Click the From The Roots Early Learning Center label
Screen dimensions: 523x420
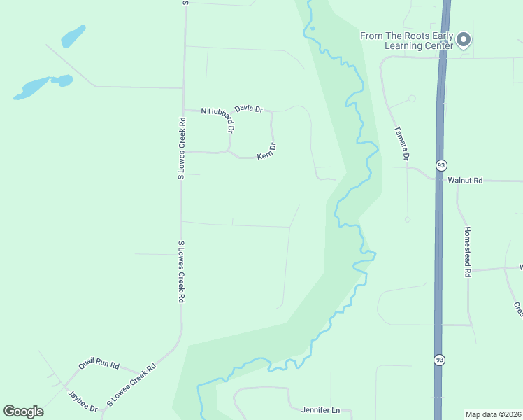point(407,41)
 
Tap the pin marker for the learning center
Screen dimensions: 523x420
point(464,41)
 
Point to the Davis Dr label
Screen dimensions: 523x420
point(248,108)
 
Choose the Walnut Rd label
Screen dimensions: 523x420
point(465,180)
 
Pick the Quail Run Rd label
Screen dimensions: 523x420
point(99,364)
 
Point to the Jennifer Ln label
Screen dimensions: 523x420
point(320,410)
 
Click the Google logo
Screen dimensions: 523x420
point(23,412)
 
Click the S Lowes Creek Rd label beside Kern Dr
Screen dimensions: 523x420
point(181,148)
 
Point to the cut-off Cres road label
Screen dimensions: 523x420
point(518,308)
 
